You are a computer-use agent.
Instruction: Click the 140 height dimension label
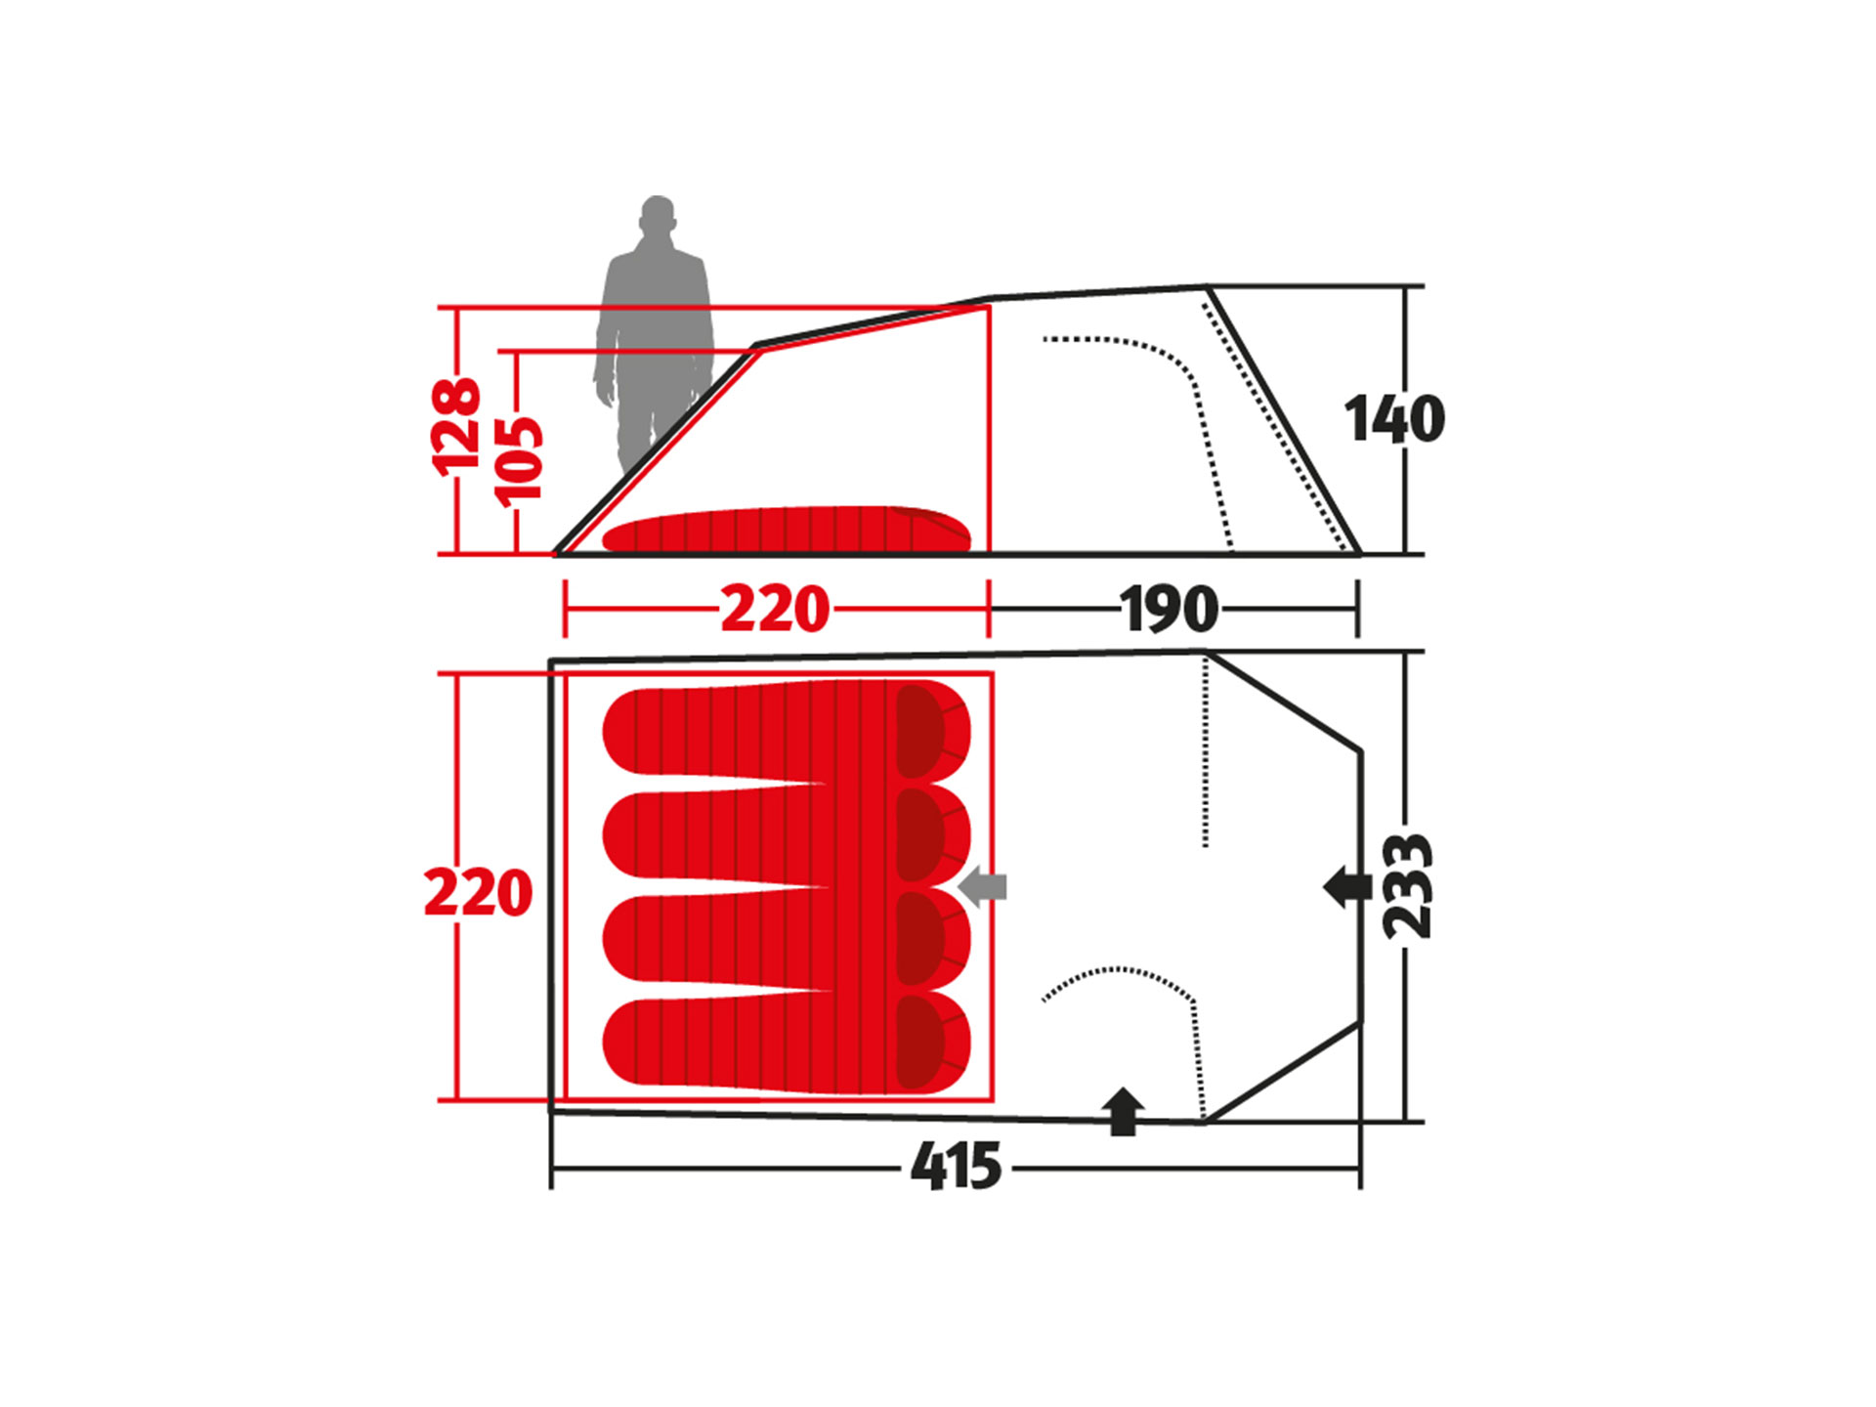[1394, 419]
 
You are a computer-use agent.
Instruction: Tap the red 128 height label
[456, 427]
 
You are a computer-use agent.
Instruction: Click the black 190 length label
[1170, 610]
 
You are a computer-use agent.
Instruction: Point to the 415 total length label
[956, 1167]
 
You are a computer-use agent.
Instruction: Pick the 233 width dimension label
[1408, 886]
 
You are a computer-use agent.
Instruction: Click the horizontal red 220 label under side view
[775, 610]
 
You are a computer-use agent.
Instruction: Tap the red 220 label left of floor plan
[478, 892]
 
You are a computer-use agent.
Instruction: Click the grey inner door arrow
[982, 887]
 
